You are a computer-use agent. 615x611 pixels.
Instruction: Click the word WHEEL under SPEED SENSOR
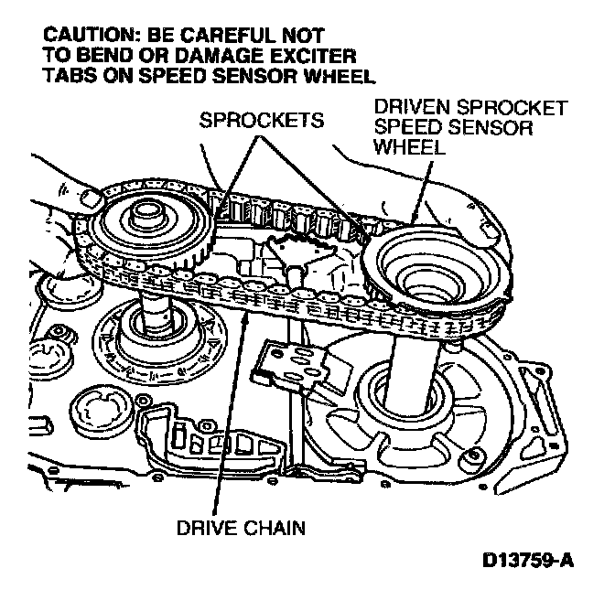tap(408, 147)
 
